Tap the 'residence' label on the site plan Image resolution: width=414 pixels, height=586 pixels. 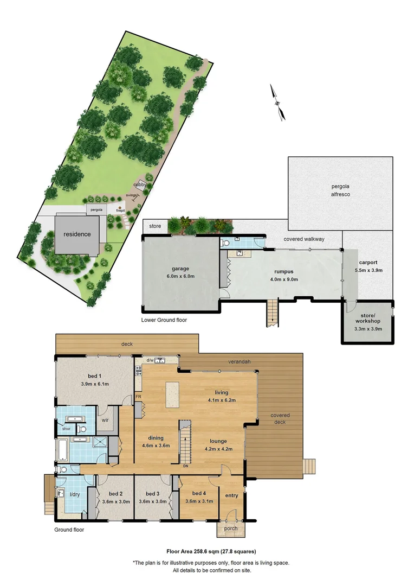click(77, 234)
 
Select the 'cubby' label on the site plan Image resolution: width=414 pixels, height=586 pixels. click(141, 185)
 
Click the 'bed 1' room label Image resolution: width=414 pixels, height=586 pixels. click(95, 377)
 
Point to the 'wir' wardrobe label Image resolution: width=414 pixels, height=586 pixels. click(105, 420)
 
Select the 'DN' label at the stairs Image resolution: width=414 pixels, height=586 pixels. click(185, 465)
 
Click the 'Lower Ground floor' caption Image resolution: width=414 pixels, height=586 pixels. click(164, 320)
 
